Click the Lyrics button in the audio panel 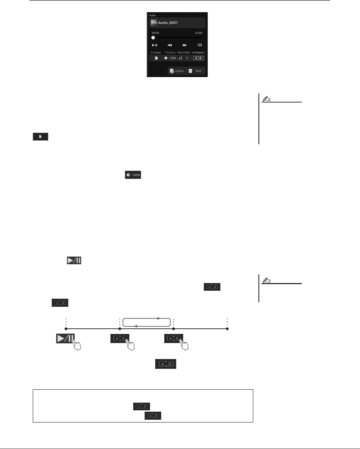(x=177, y=71)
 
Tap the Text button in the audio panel (x=196, y=71)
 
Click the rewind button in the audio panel (x=170, y=45)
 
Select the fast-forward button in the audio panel (x=185, y=45)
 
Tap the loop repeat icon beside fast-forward (x=200, y=45)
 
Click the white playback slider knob (x=153, y=38)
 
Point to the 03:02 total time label (x=198, y=32)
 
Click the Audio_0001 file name (x=168, y=23)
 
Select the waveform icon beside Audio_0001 (x=154, y=23)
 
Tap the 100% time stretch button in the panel (x=170, y=58)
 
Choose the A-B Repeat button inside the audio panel (x=198, y=58)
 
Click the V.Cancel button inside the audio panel (x=156, y=58)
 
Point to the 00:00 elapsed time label (x=155, y=32)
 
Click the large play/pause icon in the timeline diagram (x=65, y=338)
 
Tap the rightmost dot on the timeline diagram (x=227, y=328)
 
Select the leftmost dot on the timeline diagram (x=66, y=328)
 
